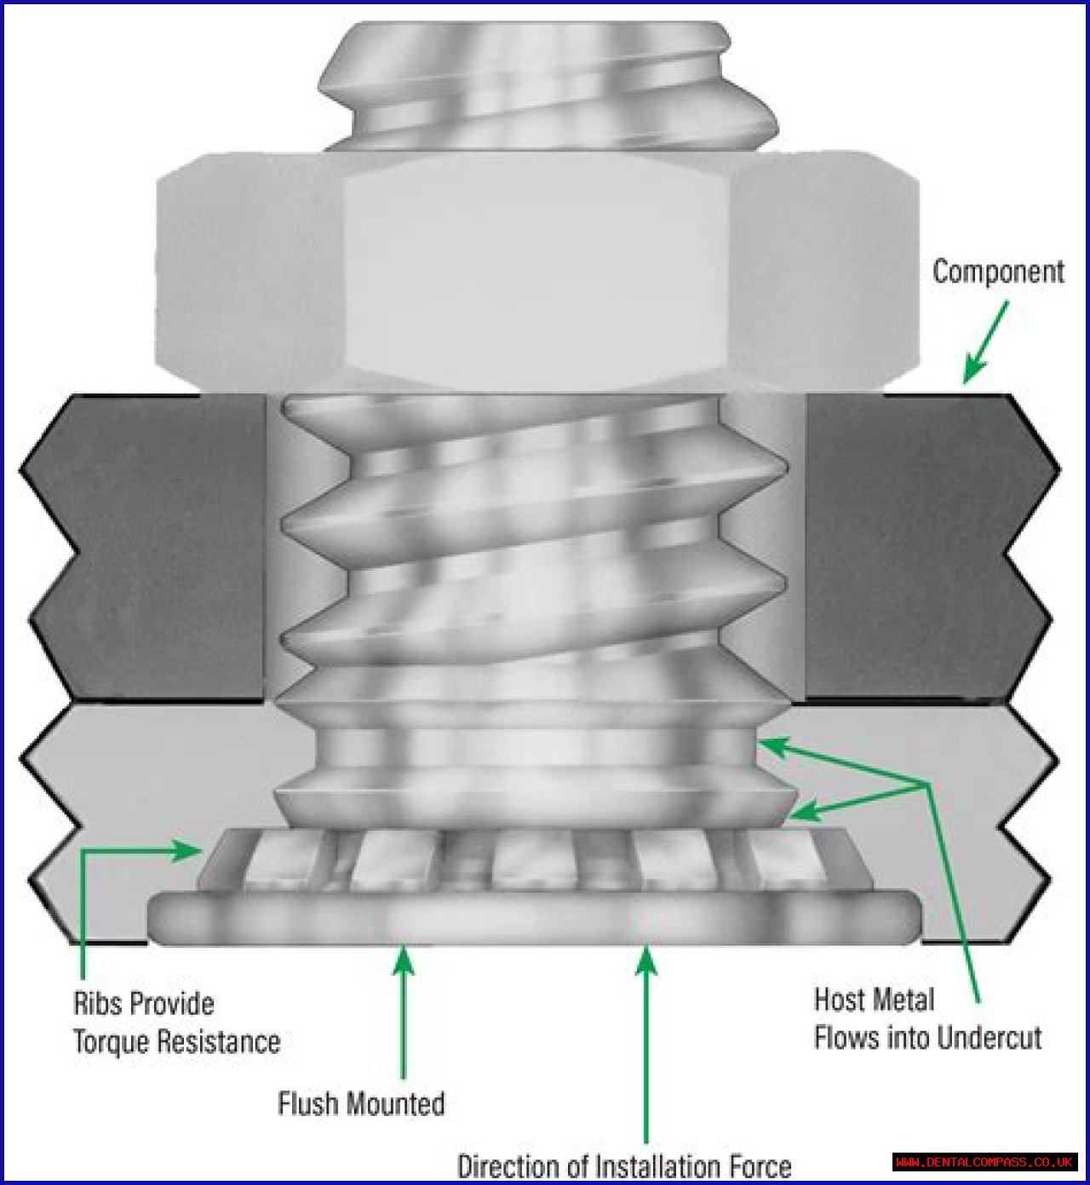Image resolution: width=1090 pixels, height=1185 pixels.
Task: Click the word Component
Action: coord(998,272)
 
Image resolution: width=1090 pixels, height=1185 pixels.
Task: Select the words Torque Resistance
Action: coord(176,1042)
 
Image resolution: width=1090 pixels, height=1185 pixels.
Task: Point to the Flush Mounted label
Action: coord(361,1104)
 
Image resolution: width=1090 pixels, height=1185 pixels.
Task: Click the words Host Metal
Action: coord(874,999)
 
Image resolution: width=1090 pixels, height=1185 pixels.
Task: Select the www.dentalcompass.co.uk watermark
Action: coord(984,1162)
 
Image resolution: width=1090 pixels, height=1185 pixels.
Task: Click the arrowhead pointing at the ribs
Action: coord(189,849)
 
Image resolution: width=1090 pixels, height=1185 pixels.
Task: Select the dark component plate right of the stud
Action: coord(920,545)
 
